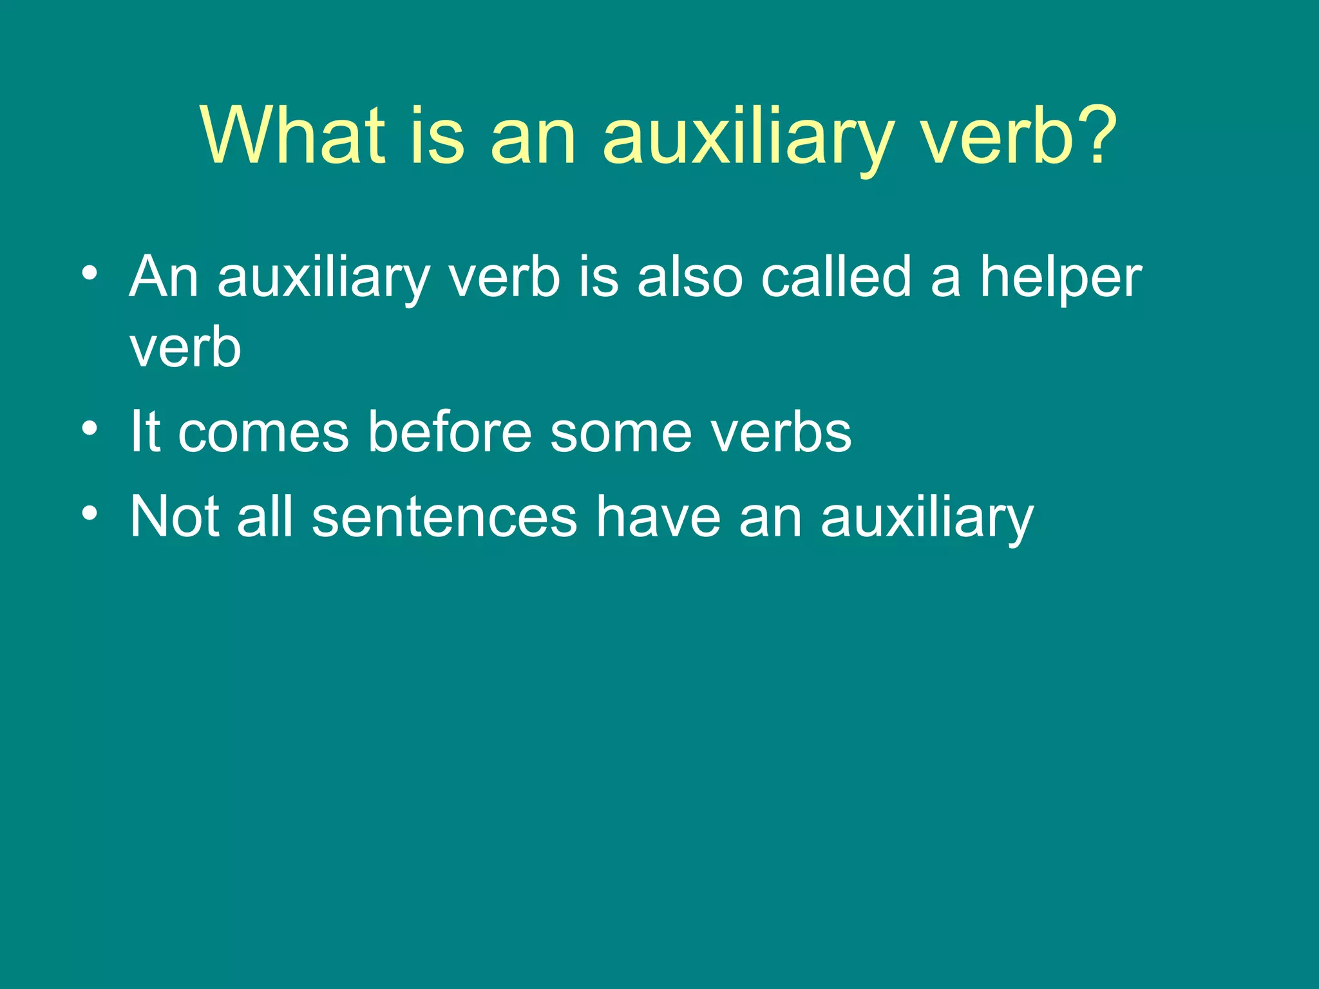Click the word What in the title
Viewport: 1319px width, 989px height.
293,136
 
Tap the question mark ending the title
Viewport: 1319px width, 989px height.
1092,136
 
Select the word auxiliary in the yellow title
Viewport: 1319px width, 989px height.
747,138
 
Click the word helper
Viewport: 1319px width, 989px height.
1060,279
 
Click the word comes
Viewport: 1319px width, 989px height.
263,433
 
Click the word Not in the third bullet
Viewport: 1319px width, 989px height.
173,516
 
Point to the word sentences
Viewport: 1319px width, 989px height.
444,518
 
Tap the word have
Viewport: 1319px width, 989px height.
658,516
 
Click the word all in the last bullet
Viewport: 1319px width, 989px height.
265,516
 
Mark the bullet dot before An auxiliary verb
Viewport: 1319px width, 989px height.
90,274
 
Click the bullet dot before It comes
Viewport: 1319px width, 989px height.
90,428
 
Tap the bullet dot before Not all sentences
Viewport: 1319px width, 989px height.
90,513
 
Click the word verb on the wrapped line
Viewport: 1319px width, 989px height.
185,348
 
